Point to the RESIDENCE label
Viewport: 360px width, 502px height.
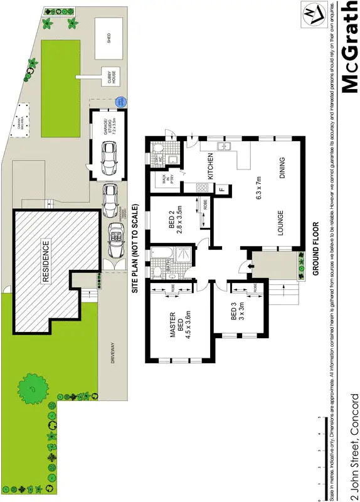click(47, 261)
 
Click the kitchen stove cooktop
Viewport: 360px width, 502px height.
click(202, 187)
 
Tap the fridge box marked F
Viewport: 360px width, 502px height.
click(221, 188)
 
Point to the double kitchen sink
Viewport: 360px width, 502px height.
click(225, 147)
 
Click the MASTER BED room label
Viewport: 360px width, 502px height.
click(176, 322)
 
